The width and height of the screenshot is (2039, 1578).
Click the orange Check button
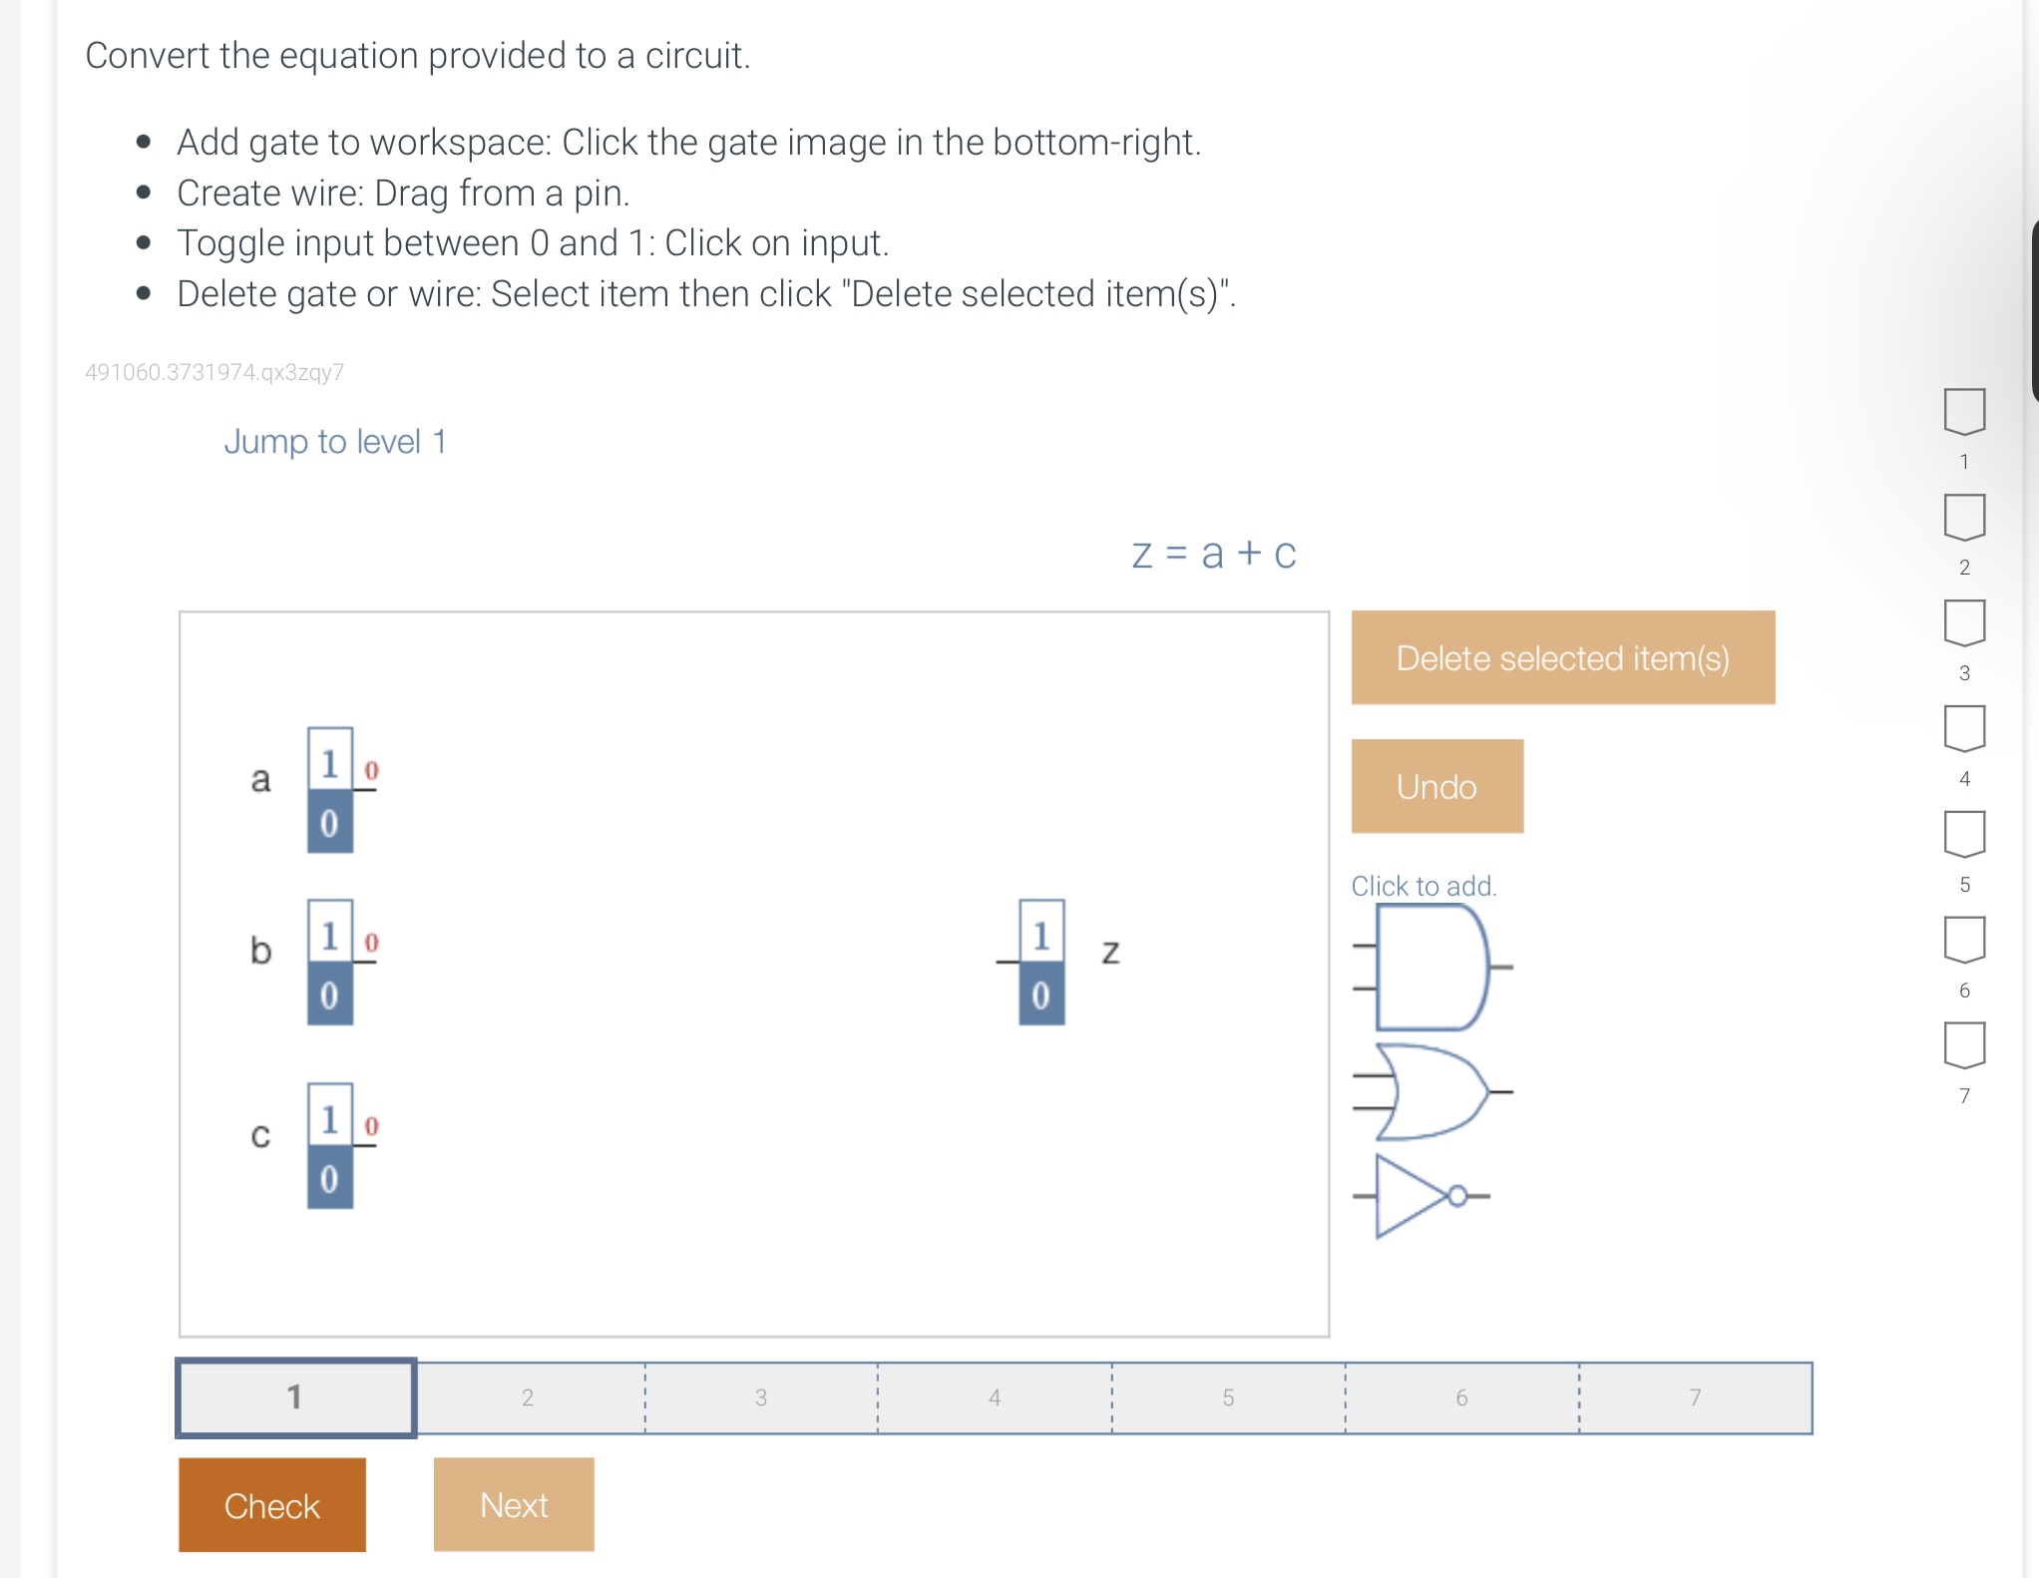click(271, 1504)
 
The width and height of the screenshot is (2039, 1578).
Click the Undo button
click(1436, 786)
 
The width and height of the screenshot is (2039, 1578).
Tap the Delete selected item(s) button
click(1562, 657)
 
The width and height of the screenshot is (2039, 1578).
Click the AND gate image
click(1430, 967)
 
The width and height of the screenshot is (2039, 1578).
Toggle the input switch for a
click(329, 790)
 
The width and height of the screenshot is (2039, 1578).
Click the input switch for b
click(329, 962)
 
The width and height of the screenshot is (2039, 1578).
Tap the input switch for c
click(329, 1145)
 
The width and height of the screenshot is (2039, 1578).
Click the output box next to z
click(1040, 962)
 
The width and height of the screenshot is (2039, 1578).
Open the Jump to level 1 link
click(335, 441)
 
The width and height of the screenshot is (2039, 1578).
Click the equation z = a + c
click(1213, 554)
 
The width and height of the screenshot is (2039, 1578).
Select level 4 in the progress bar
click(994, 1397)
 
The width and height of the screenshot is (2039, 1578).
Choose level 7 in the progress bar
click(1694, 1397)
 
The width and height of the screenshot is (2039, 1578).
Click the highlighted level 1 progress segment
click(295, 1397)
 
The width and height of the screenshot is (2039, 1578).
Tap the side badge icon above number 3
click(1963, 622)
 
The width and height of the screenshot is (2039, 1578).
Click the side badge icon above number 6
click(1963, 940)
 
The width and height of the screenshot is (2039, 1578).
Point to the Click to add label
click(1423, 886)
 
